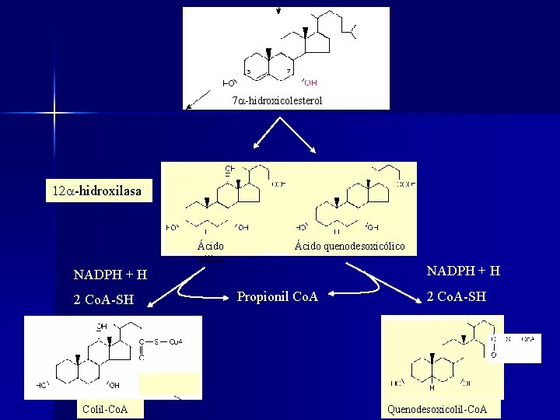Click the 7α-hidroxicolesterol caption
coord(277,101)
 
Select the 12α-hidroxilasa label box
coord(97,190)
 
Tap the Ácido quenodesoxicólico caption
coord(349,247)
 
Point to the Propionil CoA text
coord(277,296)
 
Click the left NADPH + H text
coord(110,275)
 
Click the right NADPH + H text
coord(463,271)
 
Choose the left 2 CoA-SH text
coord(103,300)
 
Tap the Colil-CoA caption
coord(104,409)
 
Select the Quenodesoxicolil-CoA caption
coord(443,409)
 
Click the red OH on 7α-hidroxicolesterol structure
coord(310,82)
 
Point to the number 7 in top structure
coord(289,71)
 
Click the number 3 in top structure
coord(249,72)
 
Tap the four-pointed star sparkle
coord(54,114)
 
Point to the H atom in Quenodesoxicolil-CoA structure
coord(432,388)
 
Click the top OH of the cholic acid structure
coord(229,169)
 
